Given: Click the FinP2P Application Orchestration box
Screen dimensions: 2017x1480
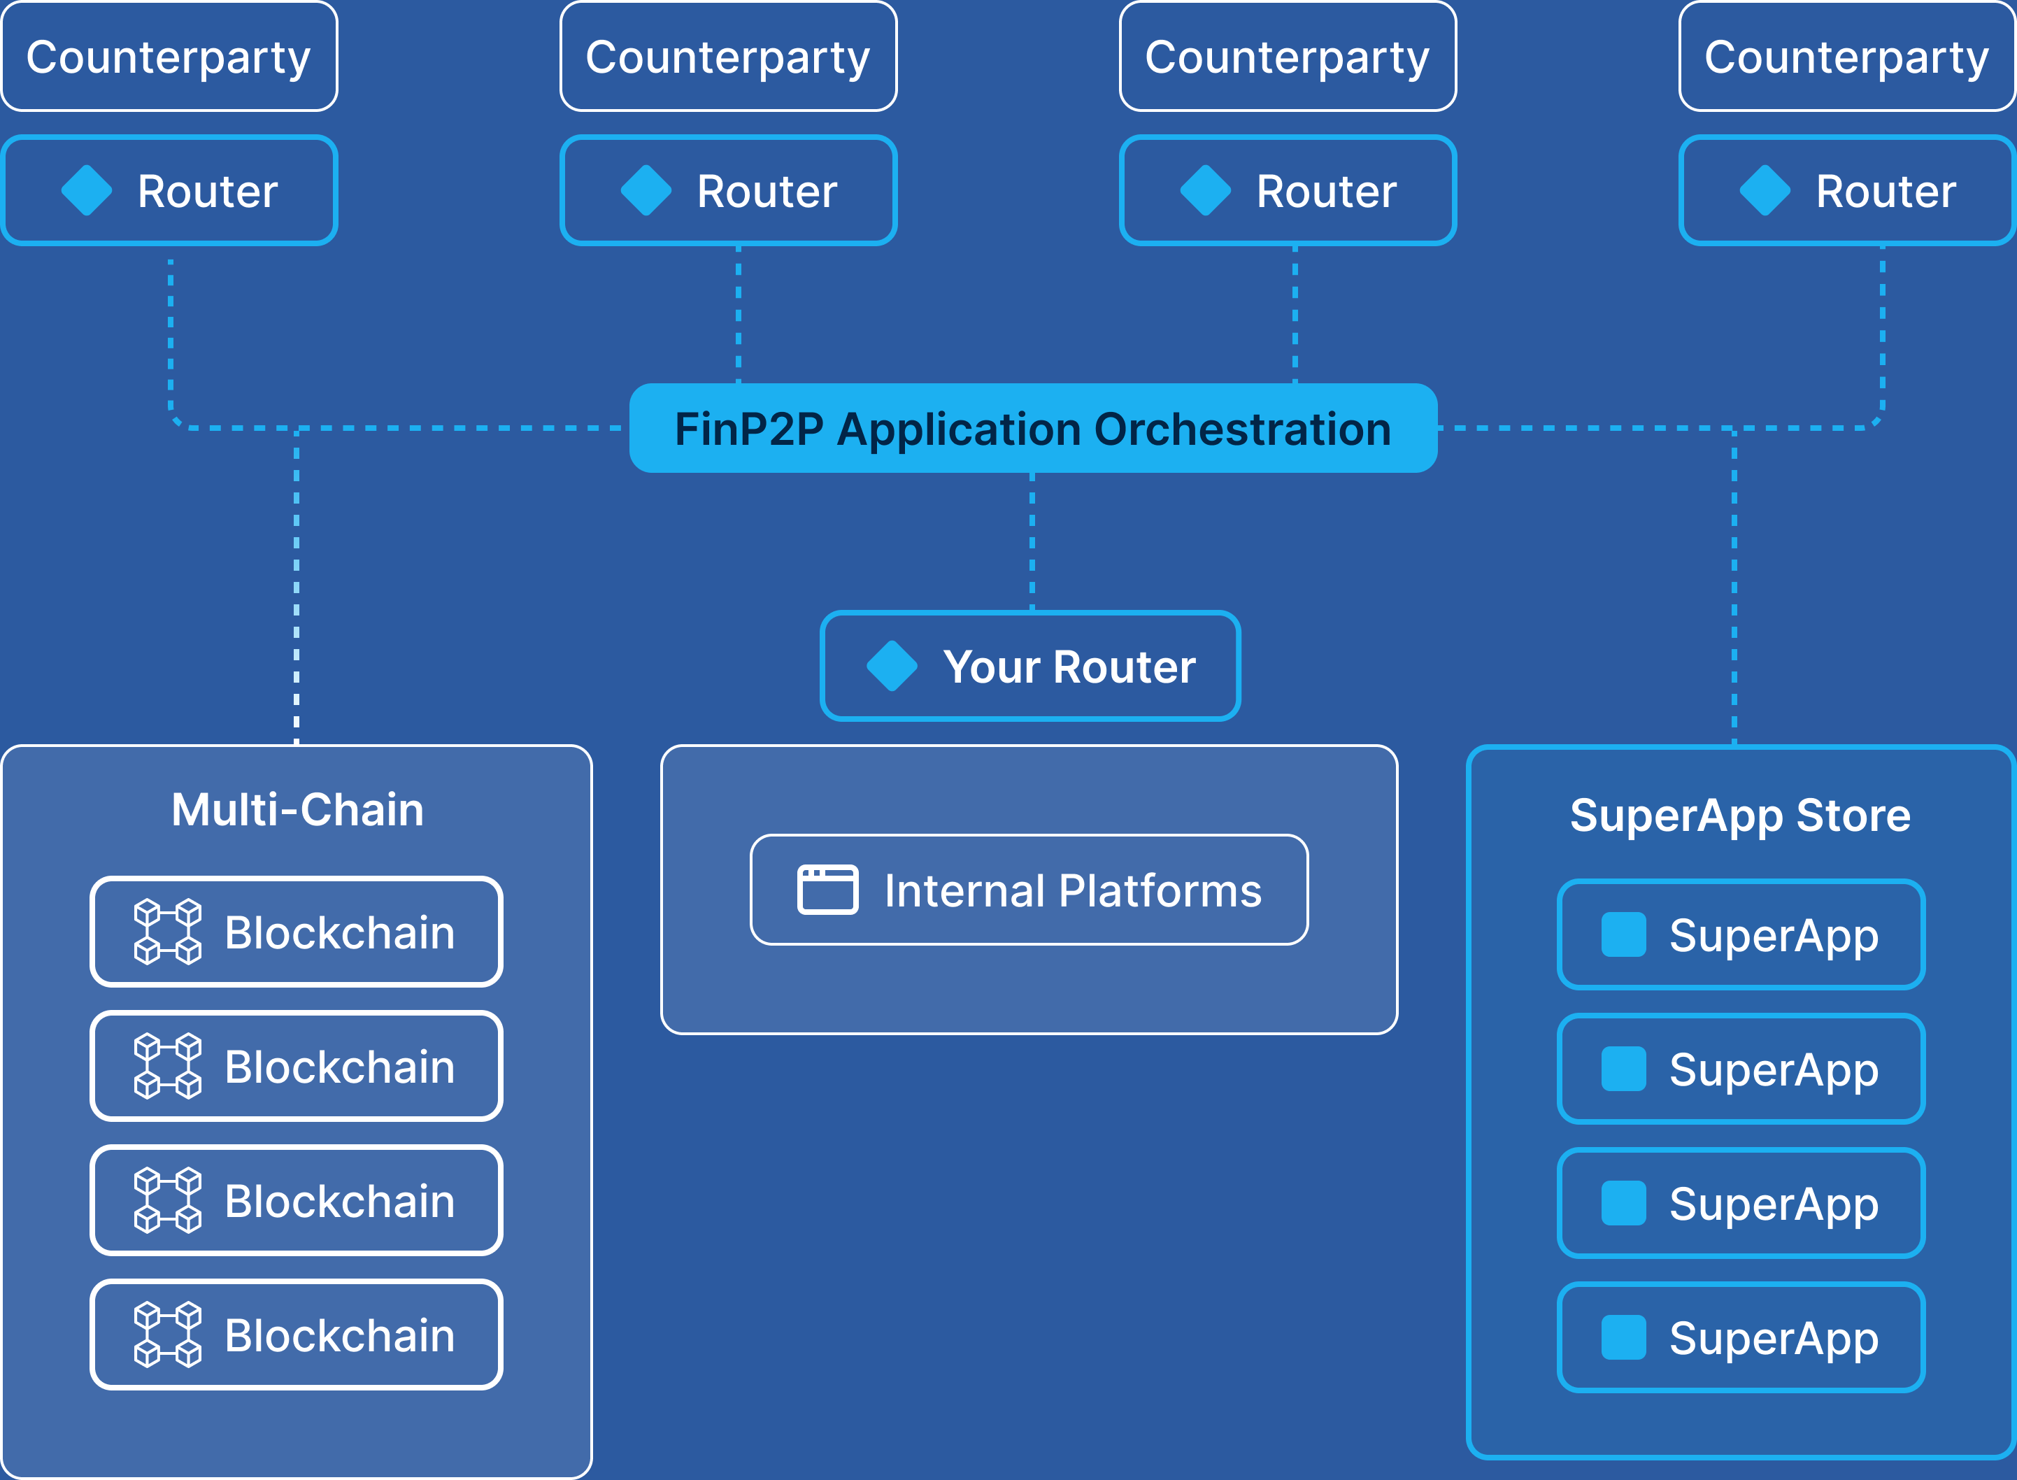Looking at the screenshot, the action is (x=1033, y=428).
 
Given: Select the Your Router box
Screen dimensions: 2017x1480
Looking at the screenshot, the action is (x=1030, y=666).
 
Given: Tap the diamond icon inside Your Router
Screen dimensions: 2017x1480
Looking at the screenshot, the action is (x=892, y=666).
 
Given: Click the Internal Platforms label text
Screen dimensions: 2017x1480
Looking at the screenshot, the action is (x=1073, y=890).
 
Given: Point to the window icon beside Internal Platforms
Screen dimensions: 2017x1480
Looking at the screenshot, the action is (x=827, y=890).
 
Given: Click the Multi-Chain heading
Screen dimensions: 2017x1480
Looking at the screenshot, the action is (x=297, y=810).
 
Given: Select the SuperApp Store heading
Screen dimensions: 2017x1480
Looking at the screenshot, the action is (x=1740, y=816).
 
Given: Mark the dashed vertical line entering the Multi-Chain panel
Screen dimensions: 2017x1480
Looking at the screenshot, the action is (x=297, y=587).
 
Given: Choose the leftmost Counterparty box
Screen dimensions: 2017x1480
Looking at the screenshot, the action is (x=169, y=57).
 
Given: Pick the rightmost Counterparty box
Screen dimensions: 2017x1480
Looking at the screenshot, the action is (x=1847, y=57).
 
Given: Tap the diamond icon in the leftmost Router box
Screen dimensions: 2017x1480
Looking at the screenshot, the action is (x=87, y=190).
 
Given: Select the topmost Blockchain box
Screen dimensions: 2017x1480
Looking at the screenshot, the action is (x=297, y=932).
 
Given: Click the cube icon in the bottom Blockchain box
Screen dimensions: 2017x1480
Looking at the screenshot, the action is (x=167, y=1335).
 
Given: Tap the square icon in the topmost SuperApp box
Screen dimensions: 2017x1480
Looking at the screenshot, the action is (x=1624, y=934).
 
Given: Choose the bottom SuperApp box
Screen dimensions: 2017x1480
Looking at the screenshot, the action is (x=1741, y=1337).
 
